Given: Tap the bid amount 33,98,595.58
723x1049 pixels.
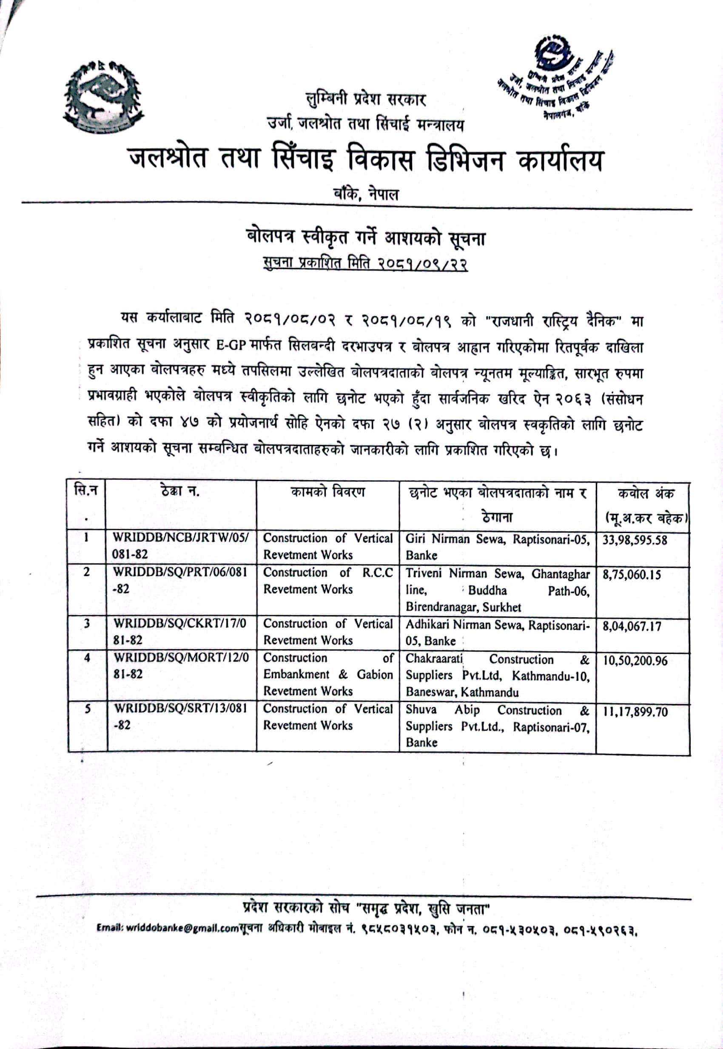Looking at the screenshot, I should pyautogui.click(x=634, y=540).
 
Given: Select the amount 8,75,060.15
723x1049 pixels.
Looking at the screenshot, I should pyautogui.click(x=632, y=575).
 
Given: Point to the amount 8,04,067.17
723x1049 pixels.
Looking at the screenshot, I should pyautogui.click(x=632, y=626).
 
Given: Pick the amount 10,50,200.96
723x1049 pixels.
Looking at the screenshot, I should pyautogui.click(x=635, y=660).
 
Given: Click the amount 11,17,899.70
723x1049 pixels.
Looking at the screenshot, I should pyautogui.click(x=635, y=711).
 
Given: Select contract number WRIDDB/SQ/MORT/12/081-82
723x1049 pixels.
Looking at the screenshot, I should pyautogui.click(x=181, y=665).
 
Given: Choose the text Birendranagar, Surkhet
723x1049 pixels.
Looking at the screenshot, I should pyautogui.click(x=463, y=607).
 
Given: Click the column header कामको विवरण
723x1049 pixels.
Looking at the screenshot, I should pyautogui.click(x=327, y=492).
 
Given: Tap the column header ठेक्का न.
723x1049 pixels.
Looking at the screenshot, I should pyautogui.click(x=180, y=491).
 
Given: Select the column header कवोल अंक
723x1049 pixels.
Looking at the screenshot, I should pyautogui.click(x=646, y=493).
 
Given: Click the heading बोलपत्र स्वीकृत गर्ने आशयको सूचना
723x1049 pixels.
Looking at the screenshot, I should pyautogui.click(x=365, y=238).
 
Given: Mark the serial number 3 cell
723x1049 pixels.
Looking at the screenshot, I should pyautogui.click(x=86, y=624).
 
